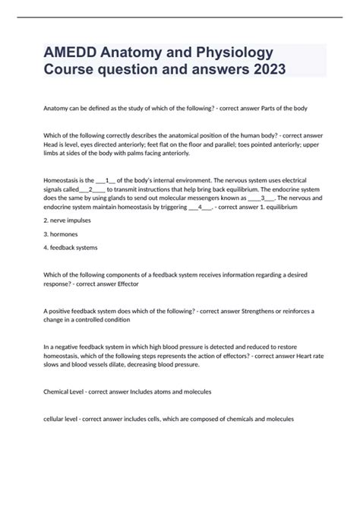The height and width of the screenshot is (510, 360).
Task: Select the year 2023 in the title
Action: pyautogui.click(x=264, y=71)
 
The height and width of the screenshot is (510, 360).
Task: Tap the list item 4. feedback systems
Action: pyautogui.click(x=71, y=248)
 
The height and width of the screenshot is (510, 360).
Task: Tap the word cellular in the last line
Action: pyautogui.click(x=58, y=419)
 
